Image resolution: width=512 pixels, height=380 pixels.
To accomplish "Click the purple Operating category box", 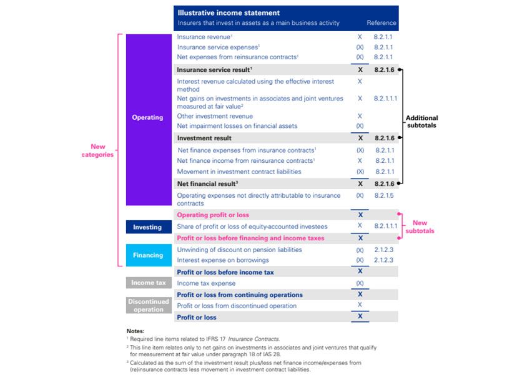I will (x=147, y=117).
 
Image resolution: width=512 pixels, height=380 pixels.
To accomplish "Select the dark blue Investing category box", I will (x=147, y=227).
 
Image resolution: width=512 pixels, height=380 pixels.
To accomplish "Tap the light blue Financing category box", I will (x=147, y=255).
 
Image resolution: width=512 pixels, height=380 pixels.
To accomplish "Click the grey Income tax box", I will (x=147, y=283).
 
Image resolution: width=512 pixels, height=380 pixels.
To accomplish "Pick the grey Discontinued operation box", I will (x=149, y=305).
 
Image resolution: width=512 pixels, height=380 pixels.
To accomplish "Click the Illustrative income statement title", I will (x=229, y=12).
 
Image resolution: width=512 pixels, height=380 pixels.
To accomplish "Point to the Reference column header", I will (x=381, y=23).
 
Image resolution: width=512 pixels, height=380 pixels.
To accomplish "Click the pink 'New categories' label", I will (x=97, y=150).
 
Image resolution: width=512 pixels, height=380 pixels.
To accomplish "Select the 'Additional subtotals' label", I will (x=422, y=121).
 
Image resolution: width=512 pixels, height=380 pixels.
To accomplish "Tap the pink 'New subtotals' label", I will (x=420, y=227).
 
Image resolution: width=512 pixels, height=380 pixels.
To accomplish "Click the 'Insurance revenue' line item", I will (x=204, y=37).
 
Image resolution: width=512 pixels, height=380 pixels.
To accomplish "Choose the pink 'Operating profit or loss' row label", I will (x=213, y=215).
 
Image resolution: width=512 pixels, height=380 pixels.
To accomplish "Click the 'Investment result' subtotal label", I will (x=204, y=138).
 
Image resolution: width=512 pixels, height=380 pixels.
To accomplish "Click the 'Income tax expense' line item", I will (x=207, y=283).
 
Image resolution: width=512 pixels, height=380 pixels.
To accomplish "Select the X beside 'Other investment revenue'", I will (x=360, y=116).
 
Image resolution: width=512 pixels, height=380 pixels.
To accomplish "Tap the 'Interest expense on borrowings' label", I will (x=223, y=260).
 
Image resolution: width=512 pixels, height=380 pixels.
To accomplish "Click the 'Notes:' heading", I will (x=135, y=331).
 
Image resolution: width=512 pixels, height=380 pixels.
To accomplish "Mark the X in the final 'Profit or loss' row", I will (x=360, y=317).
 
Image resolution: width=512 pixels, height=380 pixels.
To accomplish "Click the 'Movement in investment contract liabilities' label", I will (x=239, y=172).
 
